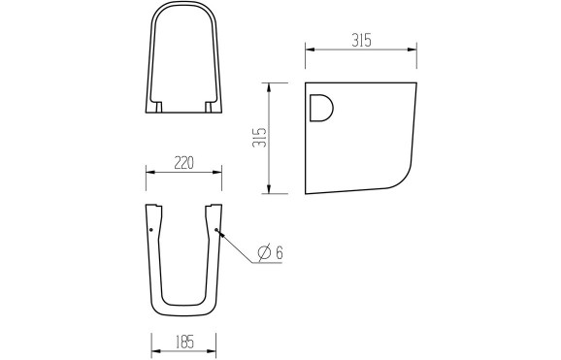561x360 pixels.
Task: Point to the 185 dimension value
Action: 185,341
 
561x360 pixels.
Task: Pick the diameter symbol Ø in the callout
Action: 263,252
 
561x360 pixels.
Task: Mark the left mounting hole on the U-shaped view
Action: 152,230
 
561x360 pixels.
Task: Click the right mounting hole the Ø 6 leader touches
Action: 216,230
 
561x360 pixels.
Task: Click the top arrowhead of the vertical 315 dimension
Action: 269,84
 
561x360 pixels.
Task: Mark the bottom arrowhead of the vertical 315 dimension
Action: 269,190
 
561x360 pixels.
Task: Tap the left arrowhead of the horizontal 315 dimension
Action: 308,49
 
